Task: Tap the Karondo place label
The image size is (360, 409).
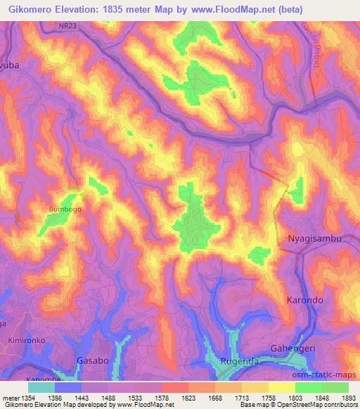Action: (x=305, y=300)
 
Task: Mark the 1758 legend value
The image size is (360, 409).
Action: (x=269, y=398)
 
